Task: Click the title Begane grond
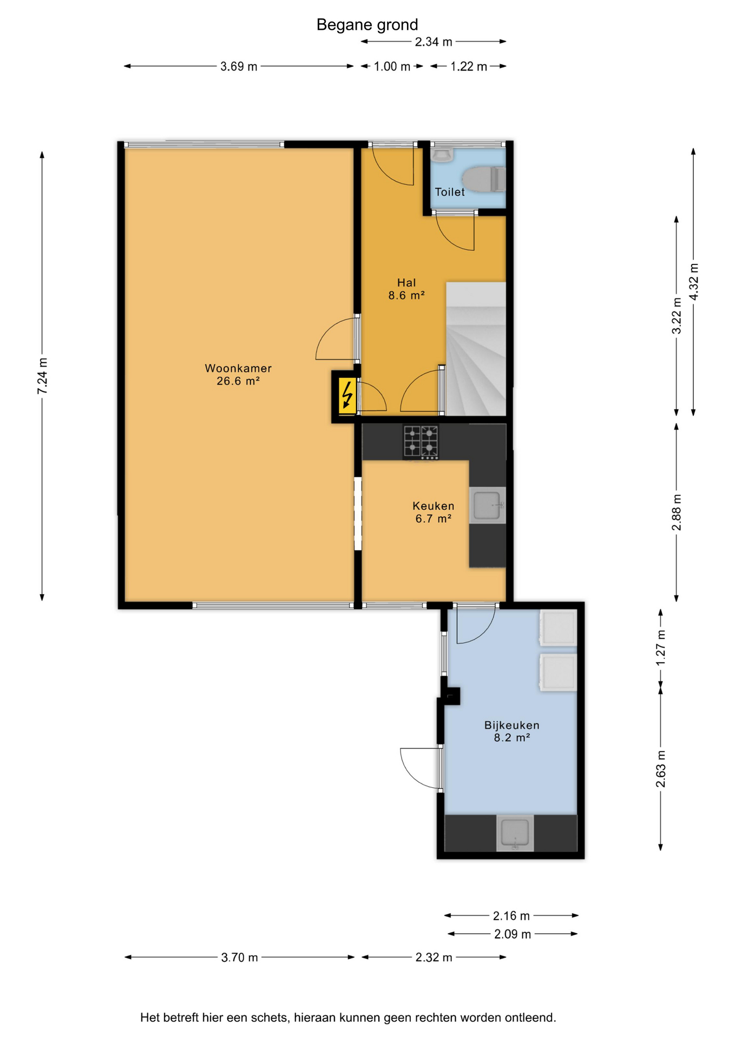click(x=367, y=25)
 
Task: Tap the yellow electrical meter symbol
click(x=347, y=396)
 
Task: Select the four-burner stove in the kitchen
click(x=421, y=443)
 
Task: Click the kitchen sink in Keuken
click(x=487, y=505)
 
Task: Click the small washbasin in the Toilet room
click(x=442, y=156)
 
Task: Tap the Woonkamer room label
click(x=238, y=368)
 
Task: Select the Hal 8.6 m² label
click(x=406, y=289)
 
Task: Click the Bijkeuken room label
click(x=511, y=725)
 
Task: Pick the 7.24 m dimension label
click(x=42, y=376)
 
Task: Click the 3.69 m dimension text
click(x=239, y=66)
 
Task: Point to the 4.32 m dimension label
click(x=693, y=281)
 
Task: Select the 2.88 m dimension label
click(x=677, y=512)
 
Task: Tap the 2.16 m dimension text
click(x=511, y=916)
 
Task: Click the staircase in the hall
click(x=476, y=349)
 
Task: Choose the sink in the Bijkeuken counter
click(x=515, y=833)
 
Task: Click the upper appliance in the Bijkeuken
click(x=557, y=628)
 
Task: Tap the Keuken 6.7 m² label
click(x=434, y=512)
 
